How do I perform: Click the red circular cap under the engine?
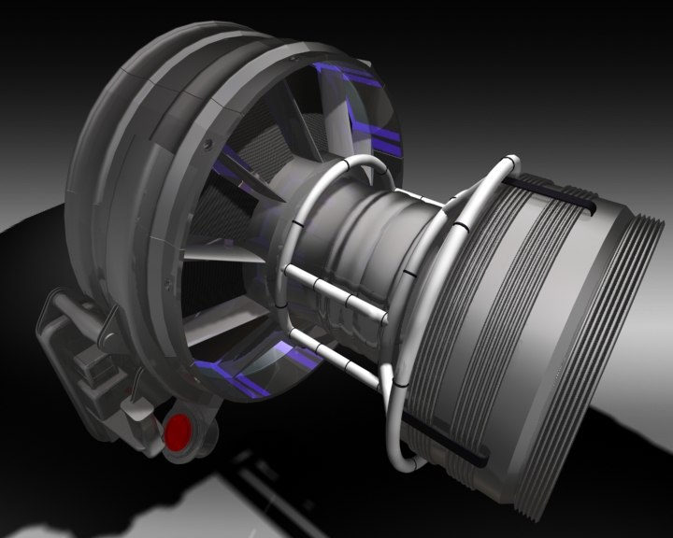(178, 432)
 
